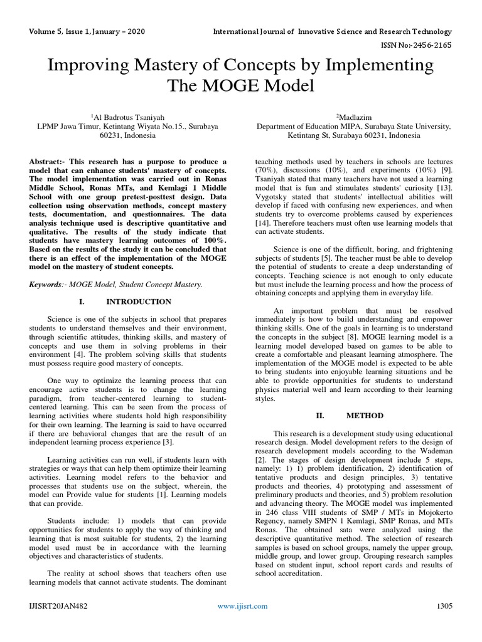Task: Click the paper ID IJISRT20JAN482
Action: point(57,606)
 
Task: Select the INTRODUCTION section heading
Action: point(132,302)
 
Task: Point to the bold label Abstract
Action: point(48,162)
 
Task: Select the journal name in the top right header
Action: point(332,31)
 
